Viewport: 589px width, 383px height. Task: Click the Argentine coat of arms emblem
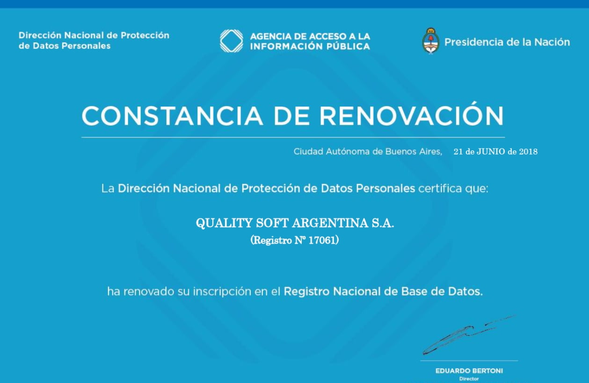pos(430,41)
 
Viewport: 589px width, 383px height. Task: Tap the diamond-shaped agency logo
pos(232,41)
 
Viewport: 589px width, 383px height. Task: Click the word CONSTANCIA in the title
pos(172,116)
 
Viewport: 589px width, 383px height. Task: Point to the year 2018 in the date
pos(528,152)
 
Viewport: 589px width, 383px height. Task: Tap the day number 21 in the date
pos(458,152)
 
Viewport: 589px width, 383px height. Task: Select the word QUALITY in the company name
pos(224,223)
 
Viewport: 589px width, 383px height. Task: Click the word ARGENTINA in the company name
pos(330,223)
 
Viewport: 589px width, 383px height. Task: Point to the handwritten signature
pos(468,335)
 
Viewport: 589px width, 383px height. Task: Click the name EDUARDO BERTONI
pos(469,371)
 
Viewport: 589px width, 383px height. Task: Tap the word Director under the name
pos(469,379)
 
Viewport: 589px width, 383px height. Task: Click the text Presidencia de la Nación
pos(507,42)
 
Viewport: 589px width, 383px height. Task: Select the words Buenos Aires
pos(414,151)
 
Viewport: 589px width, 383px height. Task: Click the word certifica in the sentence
pos(440,189)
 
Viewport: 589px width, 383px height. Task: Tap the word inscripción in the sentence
pos(222,292)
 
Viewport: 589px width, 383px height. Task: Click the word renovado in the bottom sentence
pos(149,291)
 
